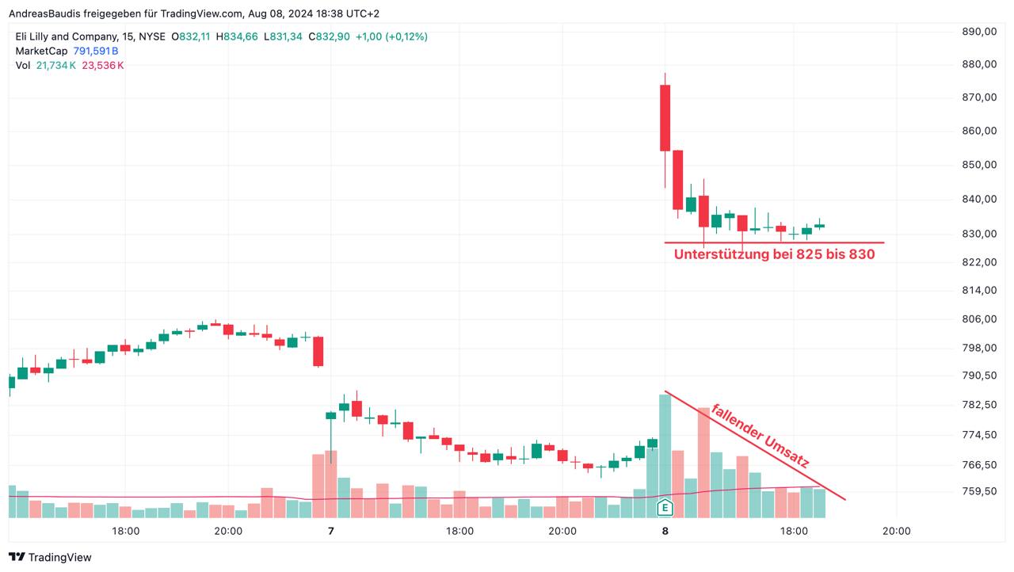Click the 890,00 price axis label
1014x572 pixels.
(x=979, y=32)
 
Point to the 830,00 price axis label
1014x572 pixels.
(x=979, y=234)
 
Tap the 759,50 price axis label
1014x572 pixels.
(x=979, y=491)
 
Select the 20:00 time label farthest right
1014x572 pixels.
(x=896, y=532)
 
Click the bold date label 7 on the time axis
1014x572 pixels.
(x=331, y=532)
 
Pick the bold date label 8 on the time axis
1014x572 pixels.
(x=665, y=532)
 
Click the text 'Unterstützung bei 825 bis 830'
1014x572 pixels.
(x=774, y=254)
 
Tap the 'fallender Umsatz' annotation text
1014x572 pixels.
(x=760, y=435)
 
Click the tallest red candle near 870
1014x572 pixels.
(x=665, y=117)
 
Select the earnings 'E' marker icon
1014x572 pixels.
(x=665, y=507)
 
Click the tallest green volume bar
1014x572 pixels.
(x=665, y=456)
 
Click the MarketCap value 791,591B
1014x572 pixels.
(x=95, y=51)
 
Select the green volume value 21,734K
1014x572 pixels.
(x=56, y=65)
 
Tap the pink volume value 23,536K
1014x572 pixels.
(x=103, y=65)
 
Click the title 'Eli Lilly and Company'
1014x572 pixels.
(x=65, y=36)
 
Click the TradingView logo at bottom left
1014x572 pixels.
(x=50, y=557)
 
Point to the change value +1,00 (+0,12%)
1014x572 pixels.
(x=391, y=36)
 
